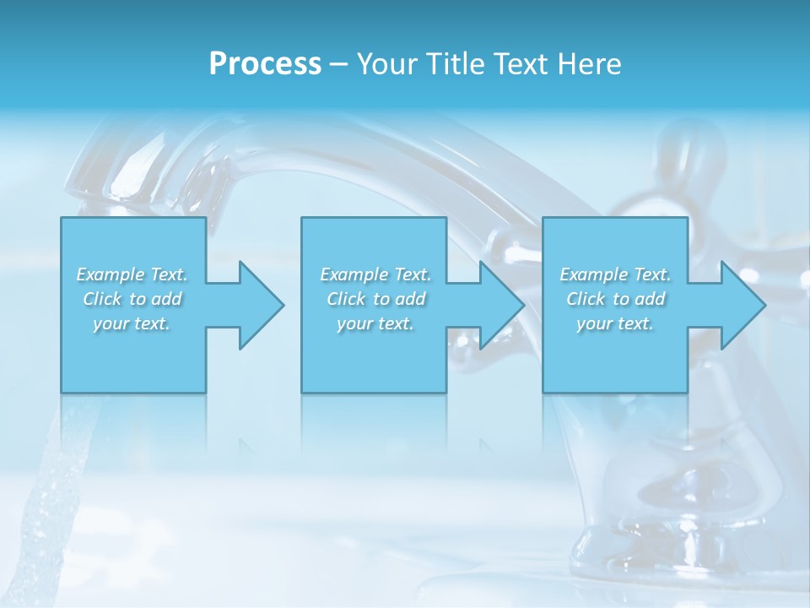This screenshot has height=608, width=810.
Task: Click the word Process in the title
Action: [x=265, y=64]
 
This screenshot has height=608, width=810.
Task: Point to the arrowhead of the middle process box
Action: [x=501, y=305]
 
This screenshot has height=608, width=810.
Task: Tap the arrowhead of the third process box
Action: [x=742, y=305]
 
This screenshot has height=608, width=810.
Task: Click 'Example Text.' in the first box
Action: [x=132, y=274]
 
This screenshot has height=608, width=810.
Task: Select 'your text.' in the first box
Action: [x=132, y=323]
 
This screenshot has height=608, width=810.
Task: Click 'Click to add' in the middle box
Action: [x=375, y=299]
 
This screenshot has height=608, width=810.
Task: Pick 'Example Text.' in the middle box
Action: [x=375, y=274]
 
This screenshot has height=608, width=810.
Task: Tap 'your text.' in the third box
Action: [x=615, y=323]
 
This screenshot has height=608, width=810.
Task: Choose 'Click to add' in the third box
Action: [x=615, y=299]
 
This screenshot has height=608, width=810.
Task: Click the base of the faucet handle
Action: [x=624, y=540]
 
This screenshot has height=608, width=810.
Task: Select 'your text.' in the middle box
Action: [x=375, y=323]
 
